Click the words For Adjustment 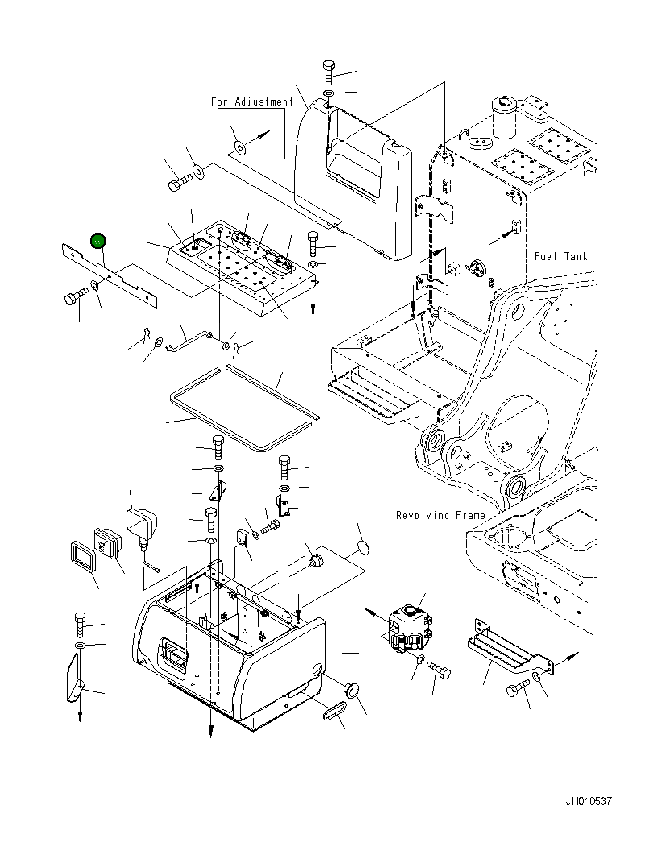point(252,102)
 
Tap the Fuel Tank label point(560,257)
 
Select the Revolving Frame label point(440,515)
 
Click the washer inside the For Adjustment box point(241,148)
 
